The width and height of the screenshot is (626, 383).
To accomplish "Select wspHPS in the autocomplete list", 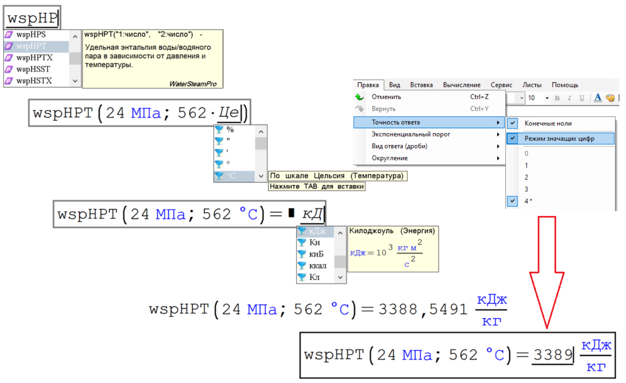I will [x=31, y=35].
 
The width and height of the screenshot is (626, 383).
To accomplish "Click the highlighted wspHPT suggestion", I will [x=32, y=46].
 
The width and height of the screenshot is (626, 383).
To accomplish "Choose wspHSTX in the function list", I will [x=34, y=81].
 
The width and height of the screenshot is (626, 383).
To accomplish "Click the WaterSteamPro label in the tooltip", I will [x=193, y=84].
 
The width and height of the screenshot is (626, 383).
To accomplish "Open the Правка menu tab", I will [x=368, y=85].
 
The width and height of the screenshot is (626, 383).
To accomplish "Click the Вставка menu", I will [x=421, y=85].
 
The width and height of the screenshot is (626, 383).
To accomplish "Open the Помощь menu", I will [x=565, y=85].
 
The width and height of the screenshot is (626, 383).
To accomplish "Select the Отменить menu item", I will [x=386, y=97].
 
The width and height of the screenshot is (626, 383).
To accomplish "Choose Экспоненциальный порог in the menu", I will [x=411, y=134].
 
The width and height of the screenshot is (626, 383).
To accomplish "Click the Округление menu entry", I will [x=389, y=158].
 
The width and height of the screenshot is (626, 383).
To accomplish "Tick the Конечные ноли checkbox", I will [x=513, y=123].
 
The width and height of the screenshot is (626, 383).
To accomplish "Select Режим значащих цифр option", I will [x=559, y=138].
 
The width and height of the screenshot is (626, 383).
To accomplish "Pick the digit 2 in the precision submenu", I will [x=527, y=177].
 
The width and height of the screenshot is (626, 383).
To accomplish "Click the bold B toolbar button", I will [x=557, y=98].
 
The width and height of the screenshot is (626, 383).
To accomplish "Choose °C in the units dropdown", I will [x=231, y=176].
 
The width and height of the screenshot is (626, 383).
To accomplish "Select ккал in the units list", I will [x=318, y=266].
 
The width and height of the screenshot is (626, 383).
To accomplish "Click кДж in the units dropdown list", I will [x=317, y=231].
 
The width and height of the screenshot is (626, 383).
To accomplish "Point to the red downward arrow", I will [x=547, y=270].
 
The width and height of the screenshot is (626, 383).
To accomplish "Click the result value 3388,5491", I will [x=423, y=309].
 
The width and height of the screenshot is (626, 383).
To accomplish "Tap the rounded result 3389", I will [x=553, y=355].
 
